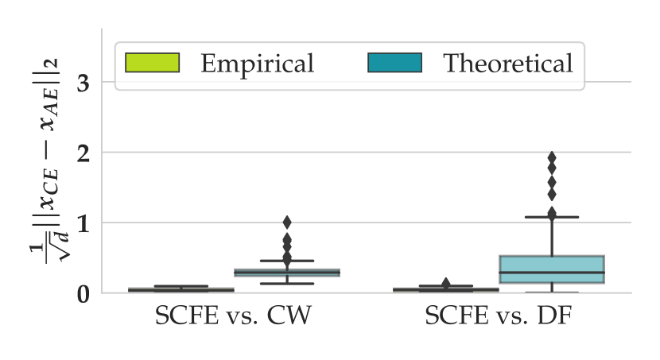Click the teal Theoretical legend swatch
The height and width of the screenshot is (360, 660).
click(x=394, y=63)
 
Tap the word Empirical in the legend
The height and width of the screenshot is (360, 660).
click(x=257, y=63)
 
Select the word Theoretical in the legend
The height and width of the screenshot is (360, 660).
click(x=507, y=63)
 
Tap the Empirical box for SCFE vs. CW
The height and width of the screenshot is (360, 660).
click(x=181, y=290)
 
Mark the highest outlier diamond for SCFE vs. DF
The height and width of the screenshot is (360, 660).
click(x=551, y=157)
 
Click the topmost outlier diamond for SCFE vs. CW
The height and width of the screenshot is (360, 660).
click(x=287, y=222)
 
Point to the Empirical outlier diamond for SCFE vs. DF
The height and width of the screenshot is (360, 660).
click(x=446, y=283)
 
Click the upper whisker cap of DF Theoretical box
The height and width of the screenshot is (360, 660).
click(x=552, y=217)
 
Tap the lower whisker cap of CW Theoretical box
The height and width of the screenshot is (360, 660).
click(x=287, y=284)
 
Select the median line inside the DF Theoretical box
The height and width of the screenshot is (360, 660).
click(x=552, y=273)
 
